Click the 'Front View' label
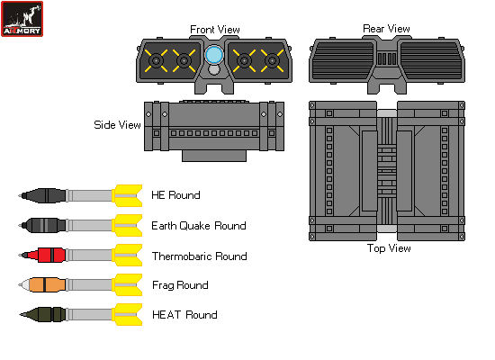(213, 30)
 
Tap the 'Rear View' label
(386, 29)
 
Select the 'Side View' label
(118, 125)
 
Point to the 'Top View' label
(389, 248)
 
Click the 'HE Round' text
(176, 195)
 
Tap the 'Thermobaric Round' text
(199, 256)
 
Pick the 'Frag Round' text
(180, 285)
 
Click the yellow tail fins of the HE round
(127, 194)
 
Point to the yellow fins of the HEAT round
(127, 314)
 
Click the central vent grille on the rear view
(386, 59)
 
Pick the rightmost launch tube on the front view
(271, 61)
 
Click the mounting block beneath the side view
(214, 155)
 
